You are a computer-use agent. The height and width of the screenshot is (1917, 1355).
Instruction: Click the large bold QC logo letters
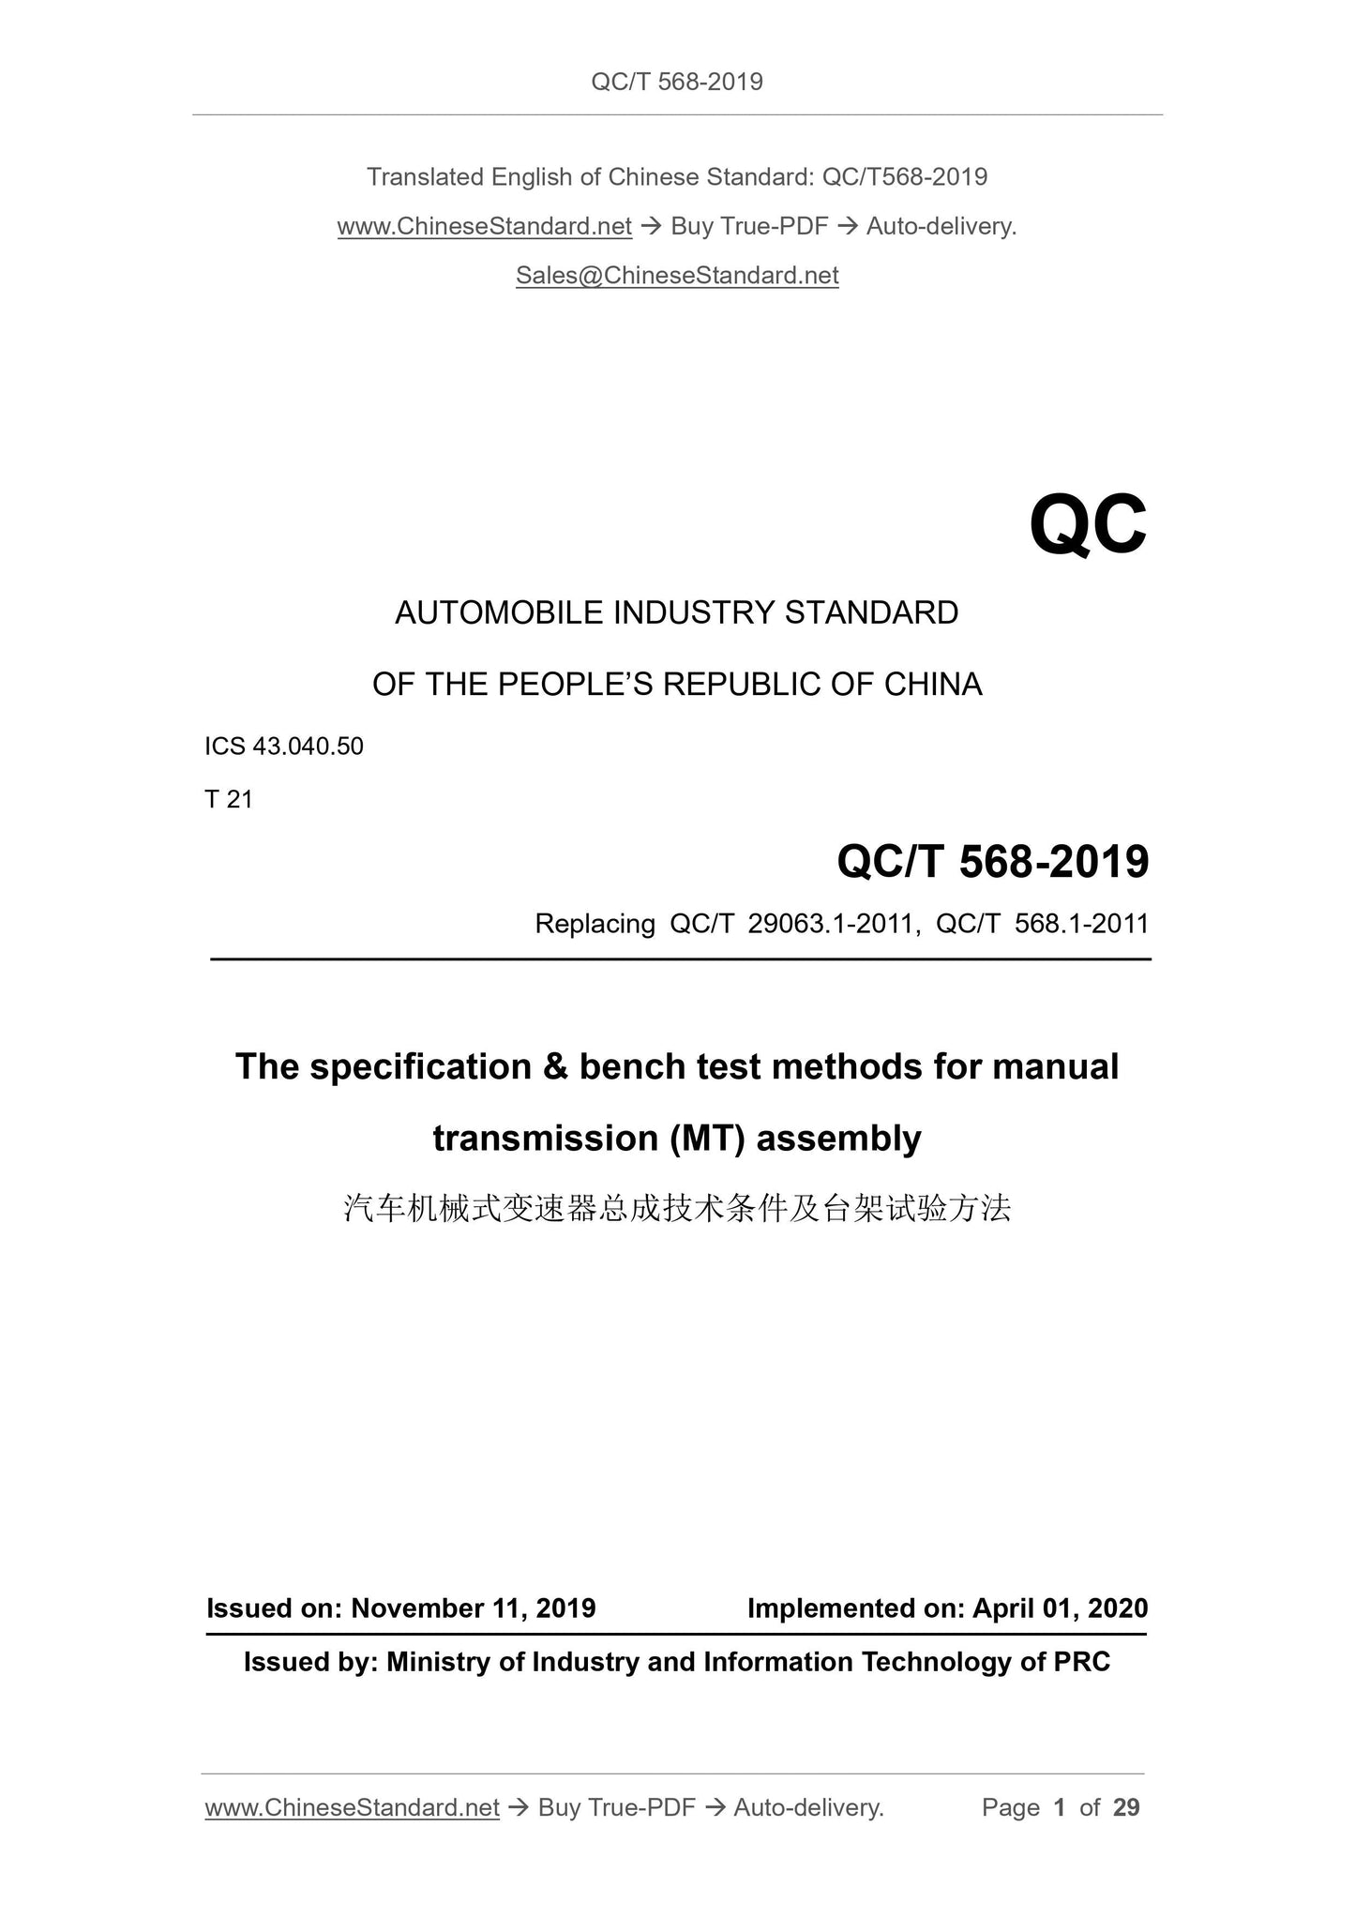point(1087,526)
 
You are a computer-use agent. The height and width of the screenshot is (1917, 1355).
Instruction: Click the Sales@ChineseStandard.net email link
point(677,276)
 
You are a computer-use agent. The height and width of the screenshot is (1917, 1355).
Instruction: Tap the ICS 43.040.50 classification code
point(284,747)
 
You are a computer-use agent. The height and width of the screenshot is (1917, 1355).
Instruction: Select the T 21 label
point(229,799)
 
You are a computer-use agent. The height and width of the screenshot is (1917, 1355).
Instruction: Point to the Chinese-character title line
point(677,1209)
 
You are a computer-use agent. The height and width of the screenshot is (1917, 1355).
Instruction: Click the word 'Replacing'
point(595,925)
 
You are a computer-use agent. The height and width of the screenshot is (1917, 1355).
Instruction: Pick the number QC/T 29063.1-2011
point(791,925)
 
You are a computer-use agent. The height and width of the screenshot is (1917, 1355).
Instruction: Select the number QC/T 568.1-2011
point(1042,925)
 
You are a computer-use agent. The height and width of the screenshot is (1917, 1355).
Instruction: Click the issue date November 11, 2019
point(474,1608)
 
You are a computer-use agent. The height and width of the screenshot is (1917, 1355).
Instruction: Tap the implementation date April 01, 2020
point(1060,1608)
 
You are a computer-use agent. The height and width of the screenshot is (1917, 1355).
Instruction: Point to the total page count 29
point(1126,1807)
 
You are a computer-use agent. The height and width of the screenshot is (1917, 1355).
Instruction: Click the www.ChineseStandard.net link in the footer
point(352,1807)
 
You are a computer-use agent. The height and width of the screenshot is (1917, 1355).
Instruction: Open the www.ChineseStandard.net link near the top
point(484,227)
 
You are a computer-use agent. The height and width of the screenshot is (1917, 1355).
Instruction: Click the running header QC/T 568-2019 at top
point(677,83)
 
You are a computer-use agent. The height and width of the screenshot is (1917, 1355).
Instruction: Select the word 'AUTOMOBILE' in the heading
point(500,613)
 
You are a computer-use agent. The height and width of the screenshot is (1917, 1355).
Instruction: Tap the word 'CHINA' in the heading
point(933,685)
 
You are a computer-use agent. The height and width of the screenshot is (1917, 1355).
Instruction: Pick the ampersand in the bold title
point(555,1067)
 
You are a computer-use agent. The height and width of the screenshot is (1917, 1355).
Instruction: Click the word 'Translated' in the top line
point(425,177)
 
